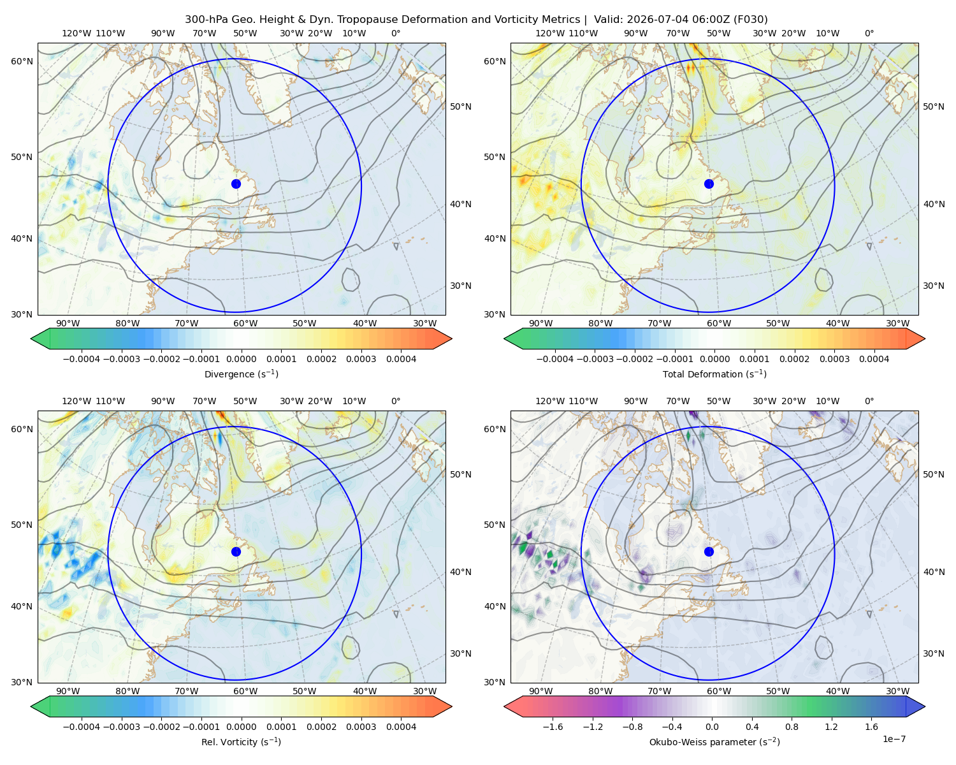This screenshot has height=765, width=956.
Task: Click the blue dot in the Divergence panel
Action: [x=236, y=184]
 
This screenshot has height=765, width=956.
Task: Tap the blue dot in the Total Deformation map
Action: [x=709, y=184]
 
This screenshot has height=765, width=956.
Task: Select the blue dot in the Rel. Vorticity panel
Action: [x=236, y=551]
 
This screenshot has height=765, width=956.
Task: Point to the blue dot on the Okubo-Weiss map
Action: [x=709, y=551]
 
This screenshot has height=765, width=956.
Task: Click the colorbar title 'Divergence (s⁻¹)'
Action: [x=241, y=374]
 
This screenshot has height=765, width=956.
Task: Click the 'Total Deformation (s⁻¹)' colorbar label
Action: [x=714, y=374]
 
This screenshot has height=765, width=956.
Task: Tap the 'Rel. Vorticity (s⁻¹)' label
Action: [x=241, y=741]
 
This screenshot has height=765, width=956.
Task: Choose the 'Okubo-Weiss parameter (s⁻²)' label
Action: [x=714, y=741]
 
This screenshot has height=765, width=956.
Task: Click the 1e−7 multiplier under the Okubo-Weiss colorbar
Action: [x=894, y=739]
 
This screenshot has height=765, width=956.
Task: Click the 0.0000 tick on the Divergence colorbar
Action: [x=241, y=359]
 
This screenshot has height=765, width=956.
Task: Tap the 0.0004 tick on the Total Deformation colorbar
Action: [x=874, y=359]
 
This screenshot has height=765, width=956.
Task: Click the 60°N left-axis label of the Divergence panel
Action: [x=22, y=61]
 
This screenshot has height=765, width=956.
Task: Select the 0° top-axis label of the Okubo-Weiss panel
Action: [x=869, y=400]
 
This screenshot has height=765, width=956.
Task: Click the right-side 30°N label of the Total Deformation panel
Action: [x=933, y=286]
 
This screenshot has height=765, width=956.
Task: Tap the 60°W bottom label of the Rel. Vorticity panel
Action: [x=245, y=691]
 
